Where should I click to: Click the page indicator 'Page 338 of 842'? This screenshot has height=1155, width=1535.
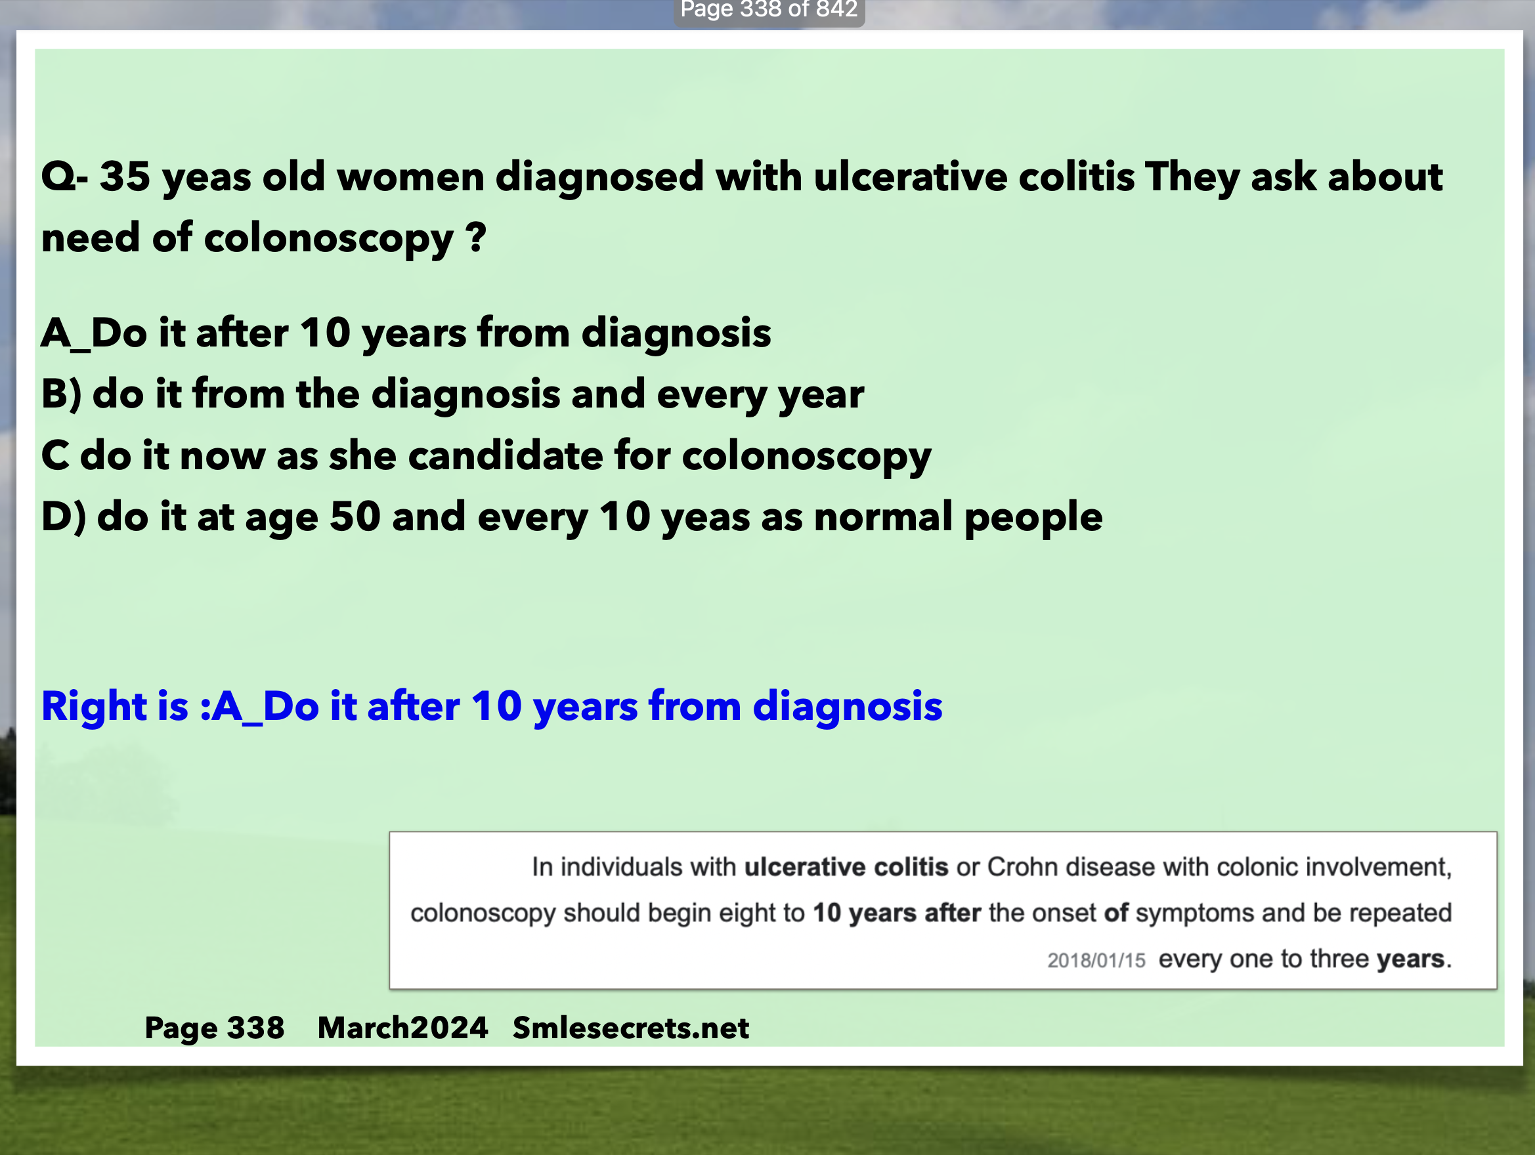[x=769, y=10]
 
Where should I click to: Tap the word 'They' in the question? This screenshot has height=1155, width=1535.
[x=1192, y=178]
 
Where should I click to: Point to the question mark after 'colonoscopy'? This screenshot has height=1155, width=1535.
[x=476, y=238]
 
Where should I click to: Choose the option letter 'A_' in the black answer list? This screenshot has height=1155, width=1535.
[x=65, y=333]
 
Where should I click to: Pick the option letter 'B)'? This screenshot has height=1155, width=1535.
[x=62, y=394]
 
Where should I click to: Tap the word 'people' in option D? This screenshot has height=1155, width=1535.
[x=1033, y=518]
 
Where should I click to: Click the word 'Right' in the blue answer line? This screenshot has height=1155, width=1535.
[x=95, y=706]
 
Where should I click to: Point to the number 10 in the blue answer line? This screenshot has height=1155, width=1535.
[x=496, y=706]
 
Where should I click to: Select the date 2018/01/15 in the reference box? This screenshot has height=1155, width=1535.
[x=1096, y=960]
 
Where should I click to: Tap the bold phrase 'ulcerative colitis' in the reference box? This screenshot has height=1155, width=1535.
[x=846, y=867]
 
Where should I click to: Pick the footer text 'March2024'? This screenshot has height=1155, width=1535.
[x=402, y=1028]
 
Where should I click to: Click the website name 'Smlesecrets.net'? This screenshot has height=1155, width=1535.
[x=631, y=1028]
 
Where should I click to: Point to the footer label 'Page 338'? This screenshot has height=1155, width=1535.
[x=215, y=1028]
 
